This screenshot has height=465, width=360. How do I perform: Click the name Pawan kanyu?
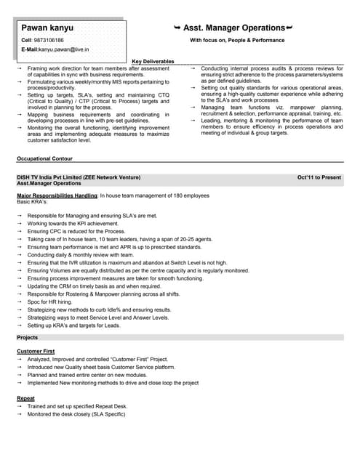[47, 28]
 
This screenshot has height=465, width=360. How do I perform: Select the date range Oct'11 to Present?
[319, 177]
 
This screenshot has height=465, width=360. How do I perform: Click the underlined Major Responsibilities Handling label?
[57, 196]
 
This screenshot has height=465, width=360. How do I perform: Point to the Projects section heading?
[27, 338]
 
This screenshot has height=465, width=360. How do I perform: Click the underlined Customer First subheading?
[36, 352]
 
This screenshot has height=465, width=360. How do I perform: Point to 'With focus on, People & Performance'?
[237, 40]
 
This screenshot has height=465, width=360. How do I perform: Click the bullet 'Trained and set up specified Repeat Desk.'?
[77, 406]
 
